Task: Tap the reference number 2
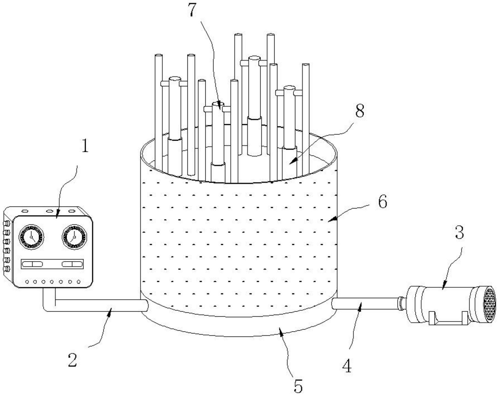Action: click(72, 360)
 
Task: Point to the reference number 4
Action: click(347, 366)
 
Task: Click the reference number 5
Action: click(298, 386)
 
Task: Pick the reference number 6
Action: click(382, 202)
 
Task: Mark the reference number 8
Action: click(359, 111)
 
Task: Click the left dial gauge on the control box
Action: click(31, 237)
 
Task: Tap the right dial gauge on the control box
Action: click(74, 237)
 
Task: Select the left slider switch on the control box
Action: click(32, 264)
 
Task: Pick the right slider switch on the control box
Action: click(72, 264)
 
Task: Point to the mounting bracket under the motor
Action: click(448, 320)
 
